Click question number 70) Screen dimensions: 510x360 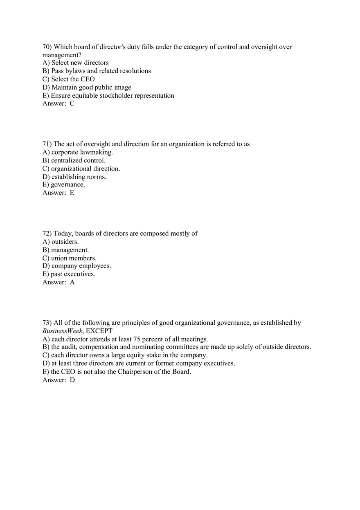coord(47,47)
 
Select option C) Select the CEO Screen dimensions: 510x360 coord(68,79)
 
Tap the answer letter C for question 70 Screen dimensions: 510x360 coord(72,103)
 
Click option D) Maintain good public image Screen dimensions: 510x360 coord(87,88)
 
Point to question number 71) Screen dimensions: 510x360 coord(47,144)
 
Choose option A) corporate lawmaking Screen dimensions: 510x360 coord(77,152)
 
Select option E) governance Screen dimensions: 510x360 coord(63,185)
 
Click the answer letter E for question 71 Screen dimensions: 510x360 coord(72,193)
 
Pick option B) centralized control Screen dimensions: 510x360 coord(74,160)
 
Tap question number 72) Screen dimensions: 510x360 coord(47,234)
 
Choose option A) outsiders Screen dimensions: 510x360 coord(61,242)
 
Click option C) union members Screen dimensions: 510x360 coord(70,258)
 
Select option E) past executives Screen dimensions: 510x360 coord(69,274)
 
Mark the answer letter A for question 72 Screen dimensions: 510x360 coord(72,282)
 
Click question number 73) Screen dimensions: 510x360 coord(47,323)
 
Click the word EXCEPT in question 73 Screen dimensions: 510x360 coord(99,331)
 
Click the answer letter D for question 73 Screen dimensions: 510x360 coord(72,380)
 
